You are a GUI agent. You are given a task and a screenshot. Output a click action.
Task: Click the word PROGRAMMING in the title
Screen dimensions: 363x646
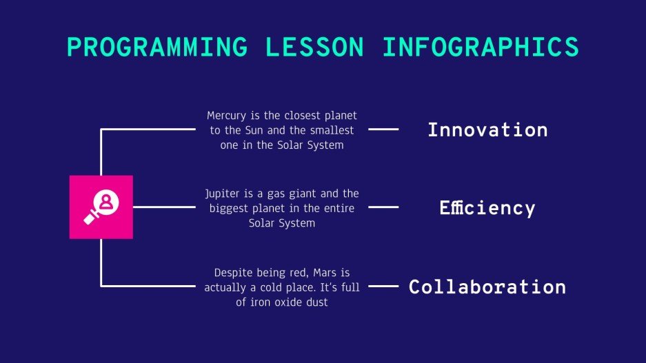point(157,47)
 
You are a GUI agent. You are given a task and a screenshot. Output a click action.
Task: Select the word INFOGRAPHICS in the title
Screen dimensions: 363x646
point(480,47)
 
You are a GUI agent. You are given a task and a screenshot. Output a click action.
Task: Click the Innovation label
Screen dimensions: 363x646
point(487,129)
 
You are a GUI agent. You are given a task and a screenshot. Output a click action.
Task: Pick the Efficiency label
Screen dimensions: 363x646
point(487,208)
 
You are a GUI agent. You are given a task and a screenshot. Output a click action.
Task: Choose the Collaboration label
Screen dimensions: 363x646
point(487,287)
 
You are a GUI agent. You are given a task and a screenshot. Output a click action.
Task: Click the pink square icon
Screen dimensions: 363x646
point(101,207)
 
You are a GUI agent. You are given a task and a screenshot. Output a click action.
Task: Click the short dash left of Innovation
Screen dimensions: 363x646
point(383,129)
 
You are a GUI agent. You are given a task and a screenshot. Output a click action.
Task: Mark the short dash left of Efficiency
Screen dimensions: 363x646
point(383,207)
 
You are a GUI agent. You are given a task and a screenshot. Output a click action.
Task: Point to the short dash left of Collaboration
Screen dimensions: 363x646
point(383,286)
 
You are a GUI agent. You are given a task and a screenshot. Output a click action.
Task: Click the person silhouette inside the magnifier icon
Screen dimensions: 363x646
point(106,201)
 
